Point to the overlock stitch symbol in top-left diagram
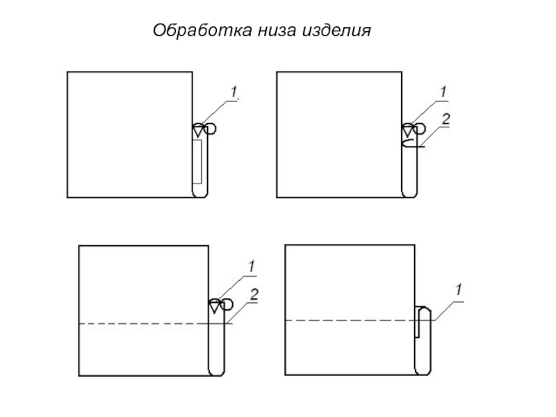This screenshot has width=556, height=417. coord(203,129)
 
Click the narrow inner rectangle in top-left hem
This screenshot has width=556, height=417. coord(197,161)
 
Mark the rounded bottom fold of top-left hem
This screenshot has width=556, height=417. coord(200,194)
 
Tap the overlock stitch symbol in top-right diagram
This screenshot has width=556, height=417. coord(413,129)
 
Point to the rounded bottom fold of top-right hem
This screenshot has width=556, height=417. coord(410,195)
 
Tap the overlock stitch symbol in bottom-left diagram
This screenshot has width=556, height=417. coord(218,304)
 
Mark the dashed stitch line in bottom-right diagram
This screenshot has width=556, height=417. coord(347,320)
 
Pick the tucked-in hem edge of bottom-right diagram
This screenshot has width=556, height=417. coord(418,322)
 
